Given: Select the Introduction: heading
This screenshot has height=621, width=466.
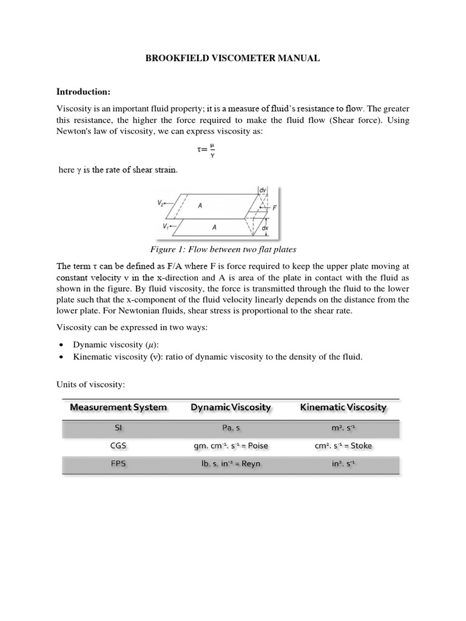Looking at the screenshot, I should coord(83,92).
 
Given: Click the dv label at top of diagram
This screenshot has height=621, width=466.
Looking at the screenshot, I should coord(262,190).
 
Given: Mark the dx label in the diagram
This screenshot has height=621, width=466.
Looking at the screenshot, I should coord(265,229).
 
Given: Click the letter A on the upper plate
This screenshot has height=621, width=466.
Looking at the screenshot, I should coord(200,206).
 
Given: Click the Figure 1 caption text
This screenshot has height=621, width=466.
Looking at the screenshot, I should coord(223,249).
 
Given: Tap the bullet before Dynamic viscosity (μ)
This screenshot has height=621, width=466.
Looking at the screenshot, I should coord(63,344).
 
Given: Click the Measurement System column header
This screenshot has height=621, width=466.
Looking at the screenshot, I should coord(118,407).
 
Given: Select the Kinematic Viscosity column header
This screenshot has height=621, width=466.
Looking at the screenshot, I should coord(343,407).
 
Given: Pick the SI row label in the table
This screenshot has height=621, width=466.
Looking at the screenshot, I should coord(118,428).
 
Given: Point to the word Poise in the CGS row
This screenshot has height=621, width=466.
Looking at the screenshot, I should coord(255,446).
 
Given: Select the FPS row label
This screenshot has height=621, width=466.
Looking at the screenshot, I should coord(118,464).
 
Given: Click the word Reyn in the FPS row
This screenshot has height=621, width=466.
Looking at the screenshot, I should coord(257,464).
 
